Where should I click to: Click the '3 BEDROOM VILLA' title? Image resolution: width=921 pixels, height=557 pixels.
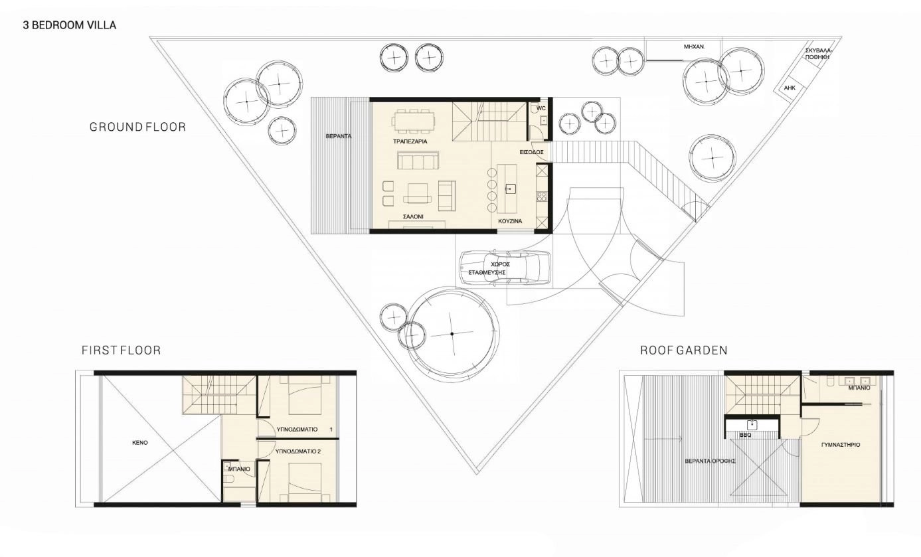click(70, 25)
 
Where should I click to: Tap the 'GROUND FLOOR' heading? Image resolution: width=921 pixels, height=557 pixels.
click(137, 127)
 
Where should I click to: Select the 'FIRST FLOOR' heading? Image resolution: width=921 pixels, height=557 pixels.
click(122, 351)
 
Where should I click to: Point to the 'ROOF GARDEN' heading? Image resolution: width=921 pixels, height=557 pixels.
click(684, 351)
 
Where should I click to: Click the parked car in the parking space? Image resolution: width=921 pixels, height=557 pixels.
click(505, 267)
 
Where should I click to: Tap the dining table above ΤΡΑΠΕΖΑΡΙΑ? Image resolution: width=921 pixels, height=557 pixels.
click(414, 121)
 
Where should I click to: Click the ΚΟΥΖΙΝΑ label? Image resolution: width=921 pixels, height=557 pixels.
click(510, 221)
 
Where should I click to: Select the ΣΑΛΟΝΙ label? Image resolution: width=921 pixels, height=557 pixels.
click(413, 216)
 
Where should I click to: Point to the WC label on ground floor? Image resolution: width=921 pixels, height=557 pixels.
click(541, 108)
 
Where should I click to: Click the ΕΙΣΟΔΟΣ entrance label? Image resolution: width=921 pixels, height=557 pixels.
click(532, 152)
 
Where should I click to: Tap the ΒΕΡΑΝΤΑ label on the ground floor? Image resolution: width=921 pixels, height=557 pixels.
click(339, 136)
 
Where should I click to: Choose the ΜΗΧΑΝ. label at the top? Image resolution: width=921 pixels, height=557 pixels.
click(695, 47)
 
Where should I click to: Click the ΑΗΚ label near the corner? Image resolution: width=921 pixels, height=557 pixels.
click(790, 88)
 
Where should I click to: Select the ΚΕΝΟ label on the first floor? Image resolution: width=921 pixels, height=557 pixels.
click(140, 443)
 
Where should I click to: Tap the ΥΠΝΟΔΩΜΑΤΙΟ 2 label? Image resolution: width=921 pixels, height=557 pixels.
click(298, 451)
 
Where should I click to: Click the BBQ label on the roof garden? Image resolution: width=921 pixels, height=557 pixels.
click(746, 435)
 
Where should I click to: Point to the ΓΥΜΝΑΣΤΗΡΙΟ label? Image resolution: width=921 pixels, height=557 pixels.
click(841, 445)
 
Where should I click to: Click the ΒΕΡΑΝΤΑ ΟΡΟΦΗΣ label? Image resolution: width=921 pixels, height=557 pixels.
click(710, 461)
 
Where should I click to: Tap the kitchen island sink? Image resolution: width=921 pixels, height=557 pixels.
click(510, 189)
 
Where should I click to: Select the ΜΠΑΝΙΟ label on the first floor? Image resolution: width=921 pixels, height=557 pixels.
click(239, 469)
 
